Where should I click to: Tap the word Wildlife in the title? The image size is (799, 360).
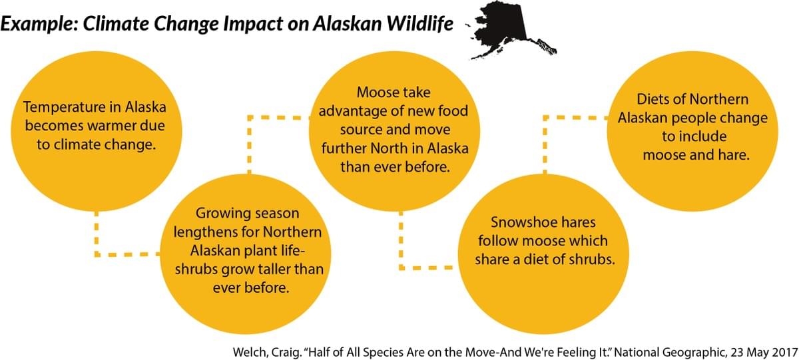click(420, 23)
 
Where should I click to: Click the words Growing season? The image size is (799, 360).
click(248, 214)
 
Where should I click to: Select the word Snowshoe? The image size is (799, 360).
click(516, 222)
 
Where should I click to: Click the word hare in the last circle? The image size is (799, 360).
click(735, 155)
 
